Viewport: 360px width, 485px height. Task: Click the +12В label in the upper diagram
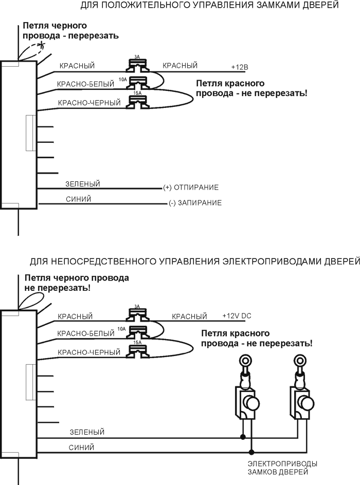tap(240, 68)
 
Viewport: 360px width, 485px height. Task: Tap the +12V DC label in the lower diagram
tap(237, 315)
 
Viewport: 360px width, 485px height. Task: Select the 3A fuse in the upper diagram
tap(137, 65)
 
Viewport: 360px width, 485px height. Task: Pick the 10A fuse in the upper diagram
tap(137, 82)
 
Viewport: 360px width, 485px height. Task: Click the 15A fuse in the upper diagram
tap(137, 100)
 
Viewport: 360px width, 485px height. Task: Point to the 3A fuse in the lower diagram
tap(137, 313)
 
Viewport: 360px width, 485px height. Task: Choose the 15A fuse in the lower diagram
tap(137, 349)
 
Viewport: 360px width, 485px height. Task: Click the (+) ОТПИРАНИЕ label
tap(191, 187)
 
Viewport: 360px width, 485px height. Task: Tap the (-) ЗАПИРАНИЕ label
tap(195, 203)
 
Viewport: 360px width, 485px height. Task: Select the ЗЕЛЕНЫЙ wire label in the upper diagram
tap(82, 183)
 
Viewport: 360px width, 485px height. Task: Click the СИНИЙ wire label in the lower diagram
tap(81, 447)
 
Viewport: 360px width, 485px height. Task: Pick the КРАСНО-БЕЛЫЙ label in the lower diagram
tap(86, 334)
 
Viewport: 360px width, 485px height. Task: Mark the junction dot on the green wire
tap(243, 438)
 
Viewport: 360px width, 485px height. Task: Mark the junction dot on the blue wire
tap(251, 452)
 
